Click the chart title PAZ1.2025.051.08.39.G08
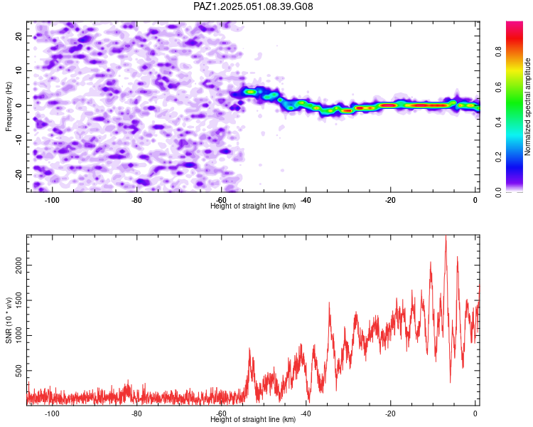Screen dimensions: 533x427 (x=253, y=6)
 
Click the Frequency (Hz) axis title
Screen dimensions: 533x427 (x=9, y=107)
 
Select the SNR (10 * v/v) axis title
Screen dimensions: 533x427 (x=9, y=320)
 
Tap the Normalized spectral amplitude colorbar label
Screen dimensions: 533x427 (x=527, y=107)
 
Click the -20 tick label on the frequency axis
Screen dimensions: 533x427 (x=19, y=174)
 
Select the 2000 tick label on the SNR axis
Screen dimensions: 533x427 (x=18, y=265)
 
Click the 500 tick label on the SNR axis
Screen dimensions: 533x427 (x=18, y=371)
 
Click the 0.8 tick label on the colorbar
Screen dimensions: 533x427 (x=499, y=52)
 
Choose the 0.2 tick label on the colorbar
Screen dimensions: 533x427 (x=499, y=157)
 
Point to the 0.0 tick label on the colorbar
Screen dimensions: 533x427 (x=499, y=192)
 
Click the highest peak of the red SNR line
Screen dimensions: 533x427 (x=446, y=236)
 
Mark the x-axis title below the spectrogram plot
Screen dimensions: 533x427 (x=253, y=206)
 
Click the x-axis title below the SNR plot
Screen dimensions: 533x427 (x=253, y=419)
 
